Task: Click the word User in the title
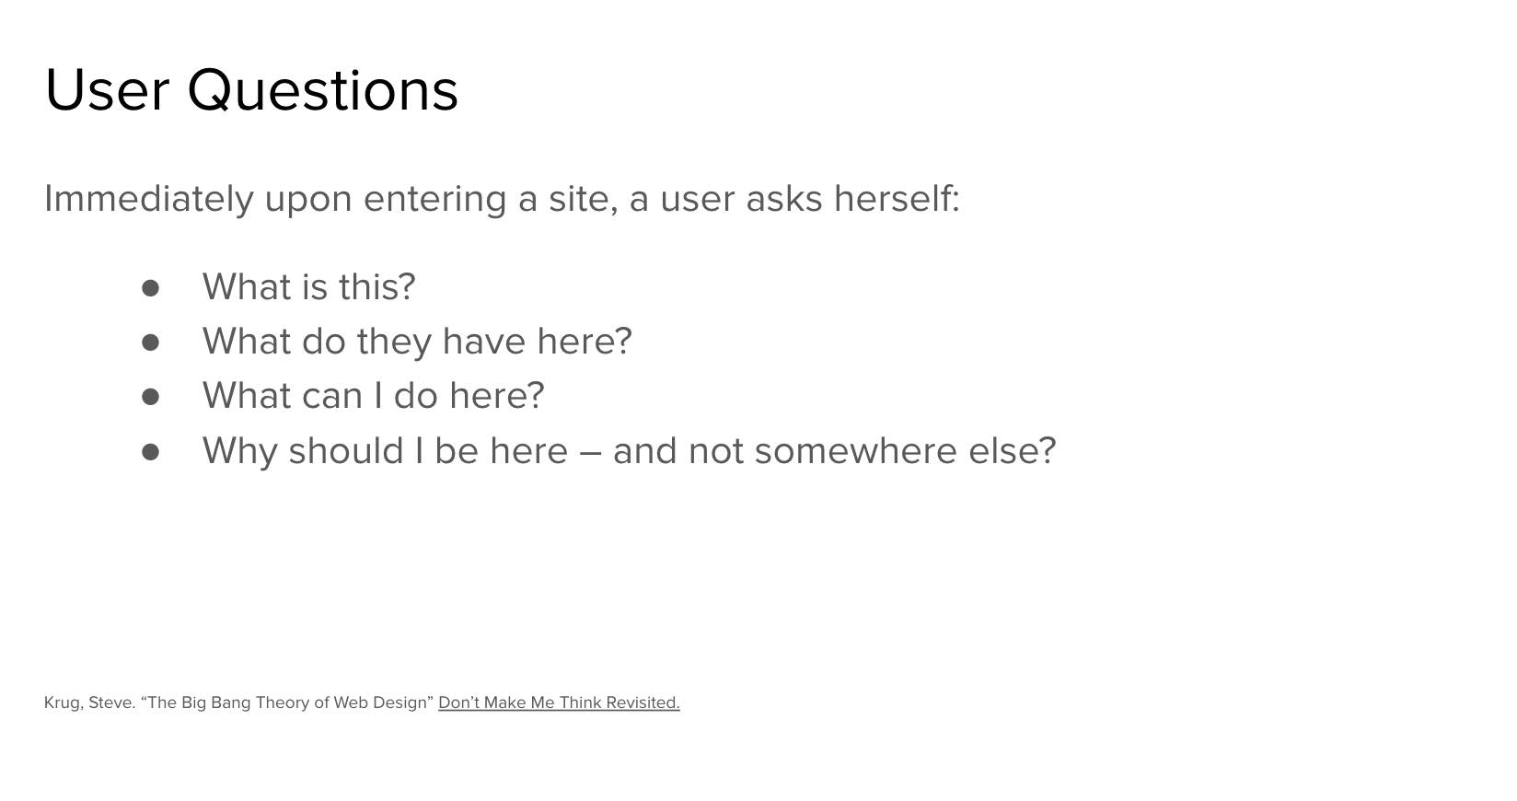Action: (107, 90)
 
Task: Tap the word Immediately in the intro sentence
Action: (149, 200)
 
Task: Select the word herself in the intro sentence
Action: (897, 198)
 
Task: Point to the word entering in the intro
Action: (434, 201)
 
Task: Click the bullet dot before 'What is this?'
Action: (150, 288)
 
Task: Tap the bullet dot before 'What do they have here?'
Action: (150, 342)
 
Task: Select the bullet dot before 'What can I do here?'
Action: (150, 397)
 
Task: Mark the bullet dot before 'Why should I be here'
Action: (150, 452)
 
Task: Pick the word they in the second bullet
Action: (394, 342)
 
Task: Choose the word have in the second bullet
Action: (484, 341)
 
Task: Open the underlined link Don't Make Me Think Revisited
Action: (559, 702)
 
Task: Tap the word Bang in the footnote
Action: (231, 703)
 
